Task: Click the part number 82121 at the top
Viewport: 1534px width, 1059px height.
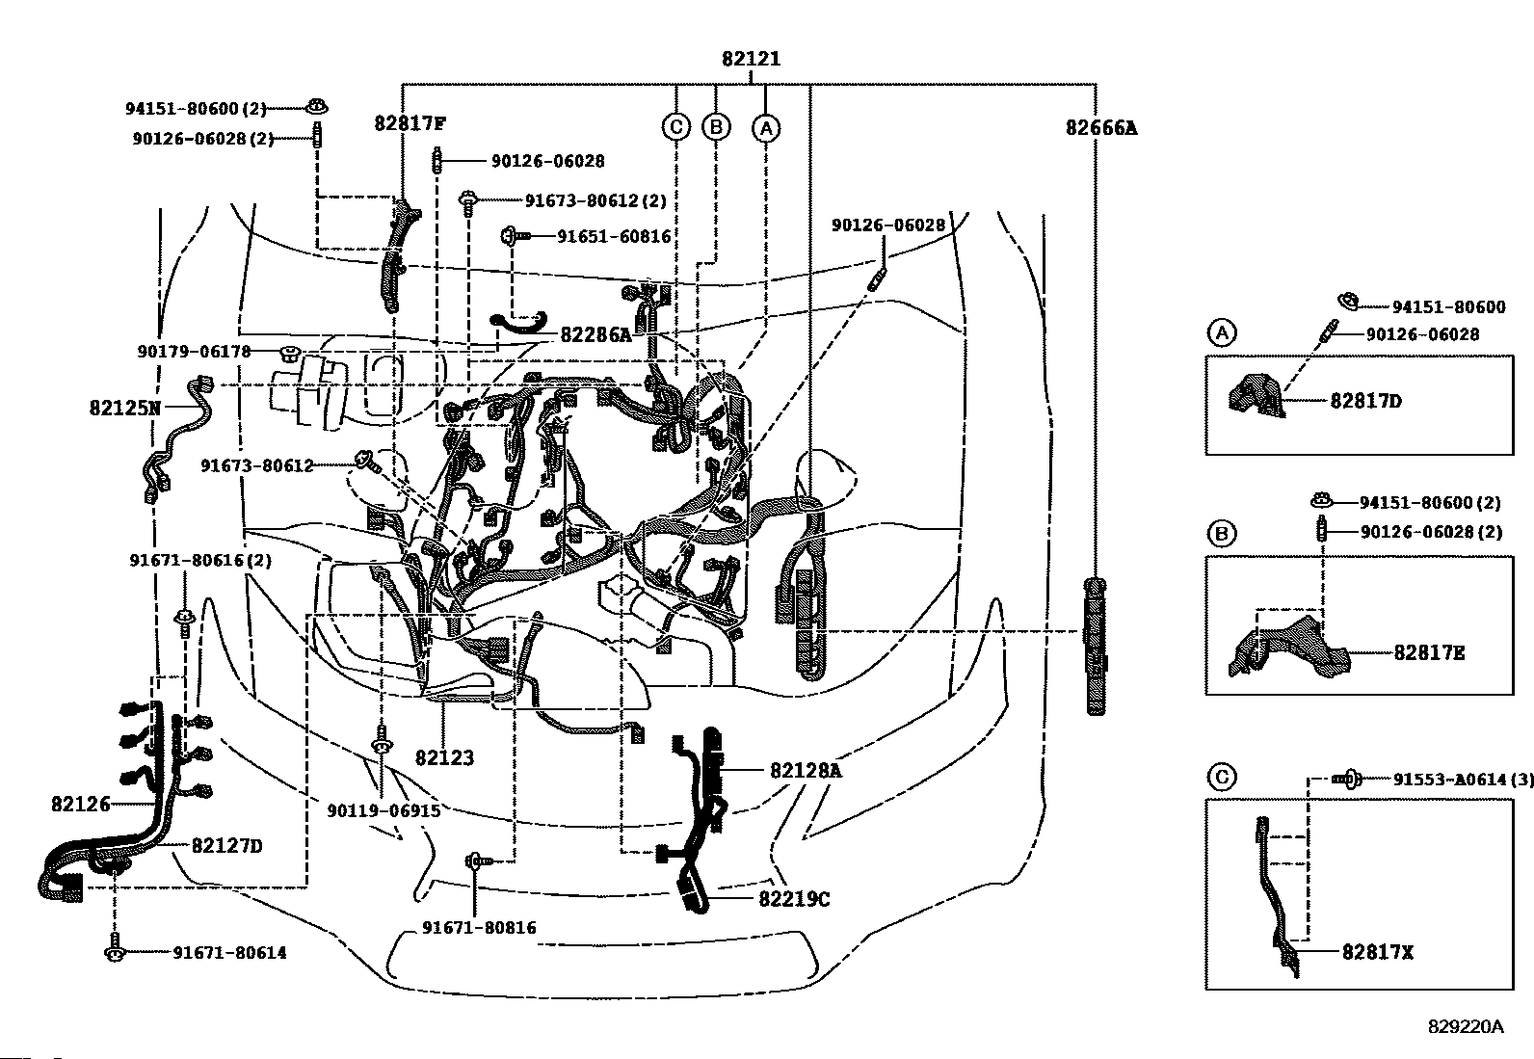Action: [751, 59]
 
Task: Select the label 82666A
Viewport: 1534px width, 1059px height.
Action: [1101, 128]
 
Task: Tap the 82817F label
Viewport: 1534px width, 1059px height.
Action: [410, 123]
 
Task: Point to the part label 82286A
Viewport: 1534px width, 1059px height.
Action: [595, 334]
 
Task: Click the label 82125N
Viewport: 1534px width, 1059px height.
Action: [124, 409]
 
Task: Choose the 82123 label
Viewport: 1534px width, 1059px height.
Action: [444, 757]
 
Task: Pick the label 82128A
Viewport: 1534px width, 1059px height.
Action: [807, 771]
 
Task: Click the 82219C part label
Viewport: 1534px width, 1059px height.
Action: [794, 899]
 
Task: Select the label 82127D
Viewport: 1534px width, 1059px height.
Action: [226, 846]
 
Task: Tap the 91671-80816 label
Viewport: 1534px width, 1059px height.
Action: [479, 928]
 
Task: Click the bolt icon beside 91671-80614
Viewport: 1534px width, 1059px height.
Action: [115, 947]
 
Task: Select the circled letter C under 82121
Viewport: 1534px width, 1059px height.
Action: [676, 127]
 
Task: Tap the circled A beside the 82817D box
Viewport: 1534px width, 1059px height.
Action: [1222, 332]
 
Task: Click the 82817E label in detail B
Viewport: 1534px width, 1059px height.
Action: [1429, 652]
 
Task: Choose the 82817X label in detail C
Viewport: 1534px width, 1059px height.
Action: [1377, 952]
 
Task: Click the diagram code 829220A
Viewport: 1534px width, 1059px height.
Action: [1466, 1027]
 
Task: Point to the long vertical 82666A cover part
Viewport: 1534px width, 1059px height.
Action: [1095, 647]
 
